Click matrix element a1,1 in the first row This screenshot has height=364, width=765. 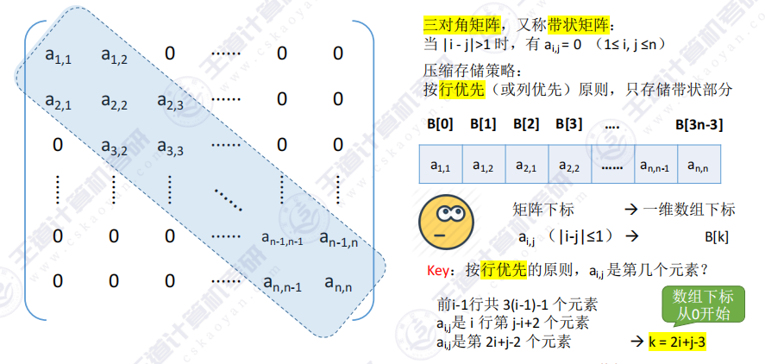click(x=59, y=56)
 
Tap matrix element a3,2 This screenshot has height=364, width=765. click(x=114, y=147)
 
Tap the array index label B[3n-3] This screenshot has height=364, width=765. click(x=699, y=124)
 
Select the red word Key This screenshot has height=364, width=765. click(x=438, y=270)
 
